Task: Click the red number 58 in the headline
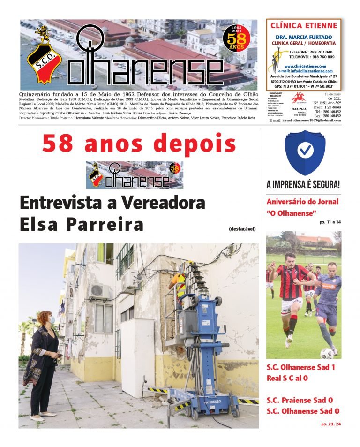[59, 143]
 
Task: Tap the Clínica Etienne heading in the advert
[303, 25]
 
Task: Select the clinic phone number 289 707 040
[318, 52]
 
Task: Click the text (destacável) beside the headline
[242, 229]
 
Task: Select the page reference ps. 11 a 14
[330, 221]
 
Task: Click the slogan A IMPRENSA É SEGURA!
[303, 184]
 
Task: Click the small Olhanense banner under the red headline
[135, 174]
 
